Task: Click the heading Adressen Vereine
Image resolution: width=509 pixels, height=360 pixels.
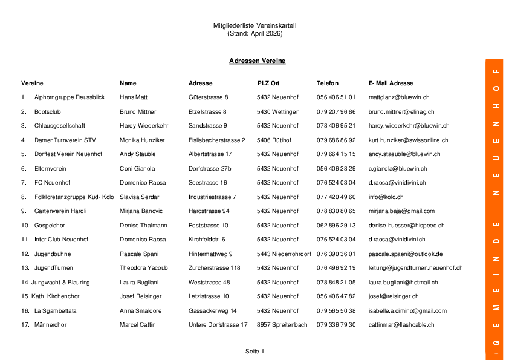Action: pos(257,61)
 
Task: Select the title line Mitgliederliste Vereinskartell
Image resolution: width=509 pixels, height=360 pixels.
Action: pos(254,26)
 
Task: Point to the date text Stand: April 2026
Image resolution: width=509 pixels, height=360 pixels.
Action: pos(254,34)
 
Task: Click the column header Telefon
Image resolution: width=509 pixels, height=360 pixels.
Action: pos(327,83)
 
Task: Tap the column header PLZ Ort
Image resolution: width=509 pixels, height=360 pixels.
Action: pos(268,83)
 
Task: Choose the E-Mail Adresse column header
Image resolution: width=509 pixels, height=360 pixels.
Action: pos(391,83)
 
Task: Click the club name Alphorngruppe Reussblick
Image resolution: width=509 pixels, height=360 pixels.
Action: pos(69,97)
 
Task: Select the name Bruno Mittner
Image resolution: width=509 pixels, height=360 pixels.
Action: pos(138,112)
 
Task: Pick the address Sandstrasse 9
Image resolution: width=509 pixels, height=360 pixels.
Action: pos(207,126)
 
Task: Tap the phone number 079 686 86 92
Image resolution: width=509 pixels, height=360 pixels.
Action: pos(336,140)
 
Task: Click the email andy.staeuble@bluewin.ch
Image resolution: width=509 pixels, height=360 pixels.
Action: pos(404,154)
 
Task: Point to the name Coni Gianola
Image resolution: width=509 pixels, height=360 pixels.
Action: pos(137,169)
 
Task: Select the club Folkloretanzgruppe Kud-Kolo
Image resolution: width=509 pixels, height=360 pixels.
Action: pos(74,197)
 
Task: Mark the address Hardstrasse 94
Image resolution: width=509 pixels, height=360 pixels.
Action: pos(209,211)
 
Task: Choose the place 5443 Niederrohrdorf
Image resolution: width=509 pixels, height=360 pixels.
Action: pos(284,254)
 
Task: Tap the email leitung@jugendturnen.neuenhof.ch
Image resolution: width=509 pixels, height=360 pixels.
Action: pos(415,268)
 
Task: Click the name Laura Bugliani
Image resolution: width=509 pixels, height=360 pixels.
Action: pos(139,283)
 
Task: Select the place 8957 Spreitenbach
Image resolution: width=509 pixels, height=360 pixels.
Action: pos(282,325)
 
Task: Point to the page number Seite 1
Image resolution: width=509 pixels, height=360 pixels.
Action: pos(254,352)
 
